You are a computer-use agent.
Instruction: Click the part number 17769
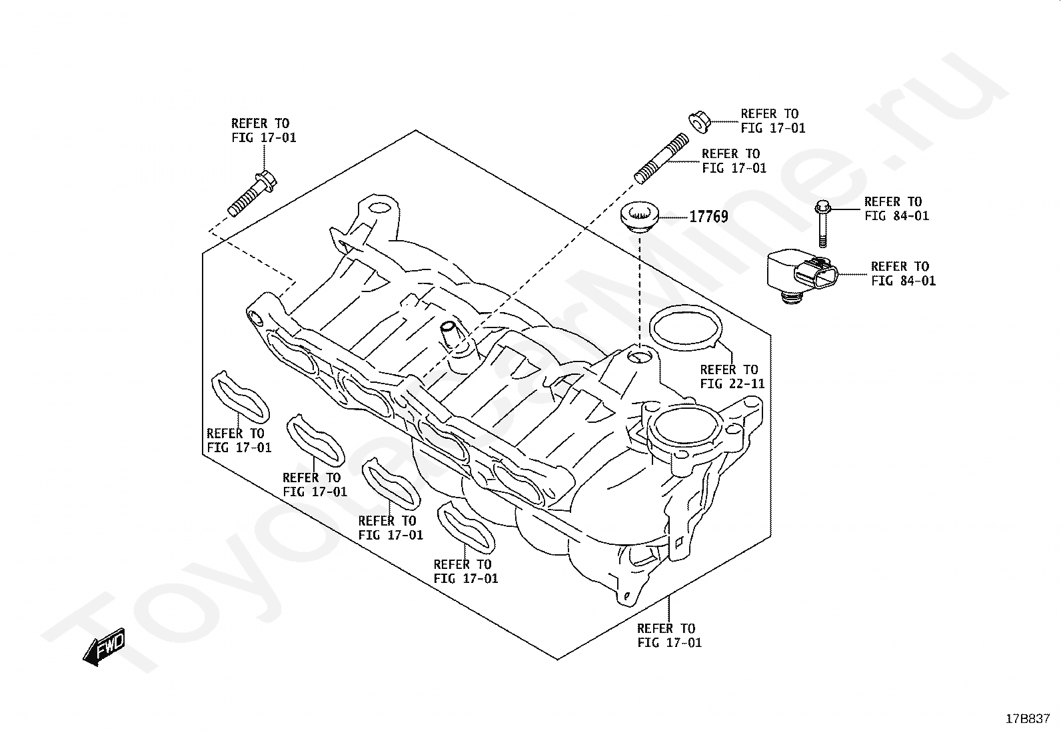tap(708, 217)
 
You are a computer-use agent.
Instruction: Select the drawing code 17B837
tap(1028, 718)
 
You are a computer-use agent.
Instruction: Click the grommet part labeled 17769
tap(638, 217)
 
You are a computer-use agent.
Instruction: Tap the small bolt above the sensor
tap(822, 223)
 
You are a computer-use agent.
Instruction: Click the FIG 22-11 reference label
tap(732, 377)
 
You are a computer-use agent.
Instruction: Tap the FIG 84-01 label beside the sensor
tap(902, 273)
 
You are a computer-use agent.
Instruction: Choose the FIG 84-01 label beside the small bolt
tap(896, 209)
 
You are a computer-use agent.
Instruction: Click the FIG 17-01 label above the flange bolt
tap(263, 131)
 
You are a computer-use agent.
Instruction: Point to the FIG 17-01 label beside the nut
tap(772, 121)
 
